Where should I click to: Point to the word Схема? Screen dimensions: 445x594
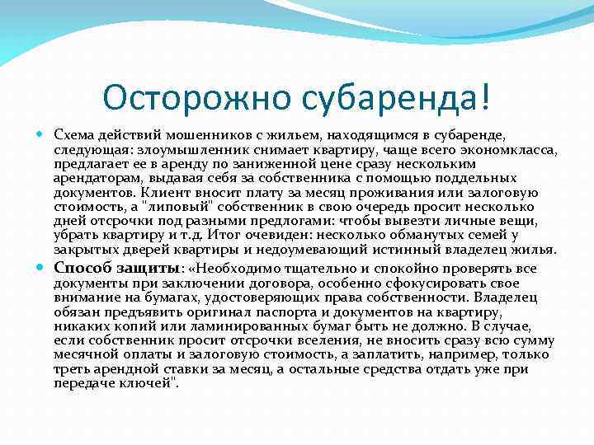click(x=74, y=134)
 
